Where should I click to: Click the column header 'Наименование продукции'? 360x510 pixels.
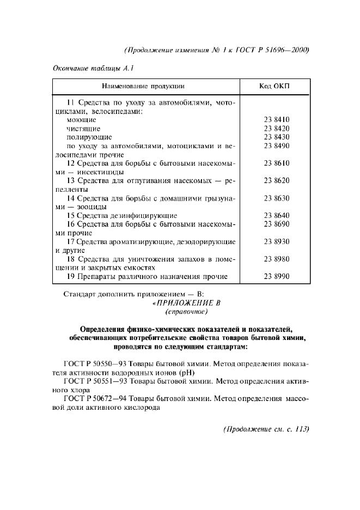coord(144,86)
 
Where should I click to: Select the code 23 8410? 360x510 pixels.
coord(276,119)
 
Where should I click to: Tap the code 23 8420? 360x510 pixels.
coord(276,128)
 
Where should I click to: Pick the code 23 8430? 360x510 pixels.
coord(276,137)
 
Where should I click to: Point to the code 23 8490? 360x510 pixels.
coord(276,145)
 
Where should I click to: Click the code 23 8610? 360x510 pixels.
coord(276,163)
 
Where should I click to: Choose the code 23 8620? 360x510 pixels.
coord(276,180)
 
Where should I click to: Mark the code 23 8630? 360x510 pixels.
coord(276,198)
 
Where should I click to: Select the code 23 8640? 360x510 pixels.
coord(276,215)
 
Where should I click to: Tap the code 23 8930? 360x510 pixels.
coord(276,241)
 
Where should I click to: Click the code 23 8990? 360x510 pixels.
coord(276,276)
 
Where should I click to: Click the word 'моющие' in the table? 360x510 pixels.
coord(81,119)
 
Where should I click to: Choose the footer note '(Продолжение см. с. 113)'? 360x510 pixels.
coord(266,429)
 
